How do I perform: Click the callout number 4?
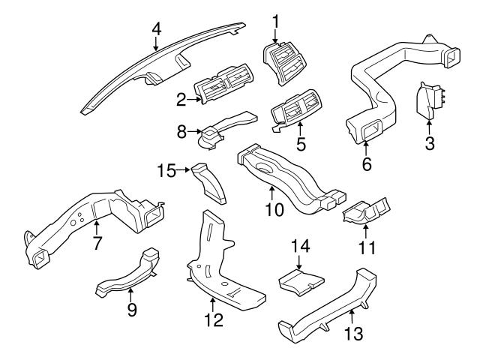157,30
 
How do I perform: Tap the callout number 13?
353,333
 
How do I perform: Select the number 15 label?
166,170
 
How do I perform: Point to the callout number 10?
274,210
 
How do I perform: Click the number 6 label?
367,164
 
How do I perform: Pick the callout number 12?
214,320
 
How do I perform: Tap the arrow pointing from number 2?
194,99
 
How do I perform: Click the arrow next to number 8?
195,132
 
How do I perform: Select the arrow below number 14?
298,262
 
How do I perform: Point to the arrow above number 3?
429,128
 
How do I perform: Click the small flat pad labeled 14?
301,282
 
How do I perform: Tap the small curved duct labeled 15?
208,183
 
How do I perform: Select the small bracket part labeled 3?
429,100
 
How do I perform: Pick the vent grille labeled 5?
295,109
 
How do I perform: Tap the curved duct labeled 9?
128,273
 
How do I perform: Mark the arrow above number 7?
97,227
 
